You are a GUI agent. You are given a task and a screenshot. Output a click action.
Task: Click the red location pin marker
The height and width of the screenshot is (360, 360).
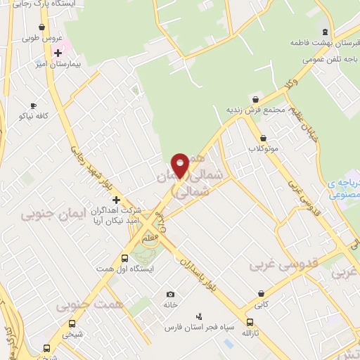pyautogui.click(x=180, y=165)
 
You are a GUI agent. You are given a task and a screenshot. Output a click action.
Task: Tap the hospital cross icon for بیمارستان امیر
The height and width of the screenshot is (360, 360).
pyautogui.click(x=58, y=53)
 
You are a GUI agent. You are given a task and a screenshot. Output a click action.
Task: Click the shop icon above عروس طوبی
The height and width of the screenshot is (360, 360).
pyautogui.click(x=42, y=27)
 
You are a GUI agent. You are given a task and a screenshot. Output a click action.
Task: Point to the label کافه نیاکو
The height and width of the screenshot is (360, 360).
pyautogui.click(x=34, y=115)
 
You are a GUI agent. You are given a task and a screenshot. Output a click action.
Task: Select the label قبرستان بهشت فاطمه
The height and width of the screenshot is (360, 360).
pyautogui.click(x=320, y=43)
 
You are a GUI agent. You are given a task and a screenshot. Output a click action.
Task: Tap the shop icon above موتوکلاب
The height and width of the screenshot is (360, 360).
pyautogui.click(x=264, y=138)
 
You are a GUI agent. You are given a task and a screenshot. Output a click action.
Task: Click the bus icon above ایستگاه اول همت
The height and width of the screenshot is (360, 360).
pyautogui.click(x=125, y=258)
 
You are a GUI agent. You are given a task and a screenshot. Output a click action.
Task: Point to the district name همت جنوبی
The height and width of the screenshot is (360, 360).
pyautogui.click(x=85, y=303)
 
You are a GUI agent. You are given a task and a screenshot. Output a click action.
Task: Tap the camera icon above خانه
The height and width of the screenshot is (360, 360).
pyautogui.click(x=170, y=294)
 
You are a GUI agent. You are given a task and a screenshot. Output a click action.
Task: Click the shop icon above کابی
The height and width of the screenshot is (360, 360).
pyautogui.click(x=262, y=293)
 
